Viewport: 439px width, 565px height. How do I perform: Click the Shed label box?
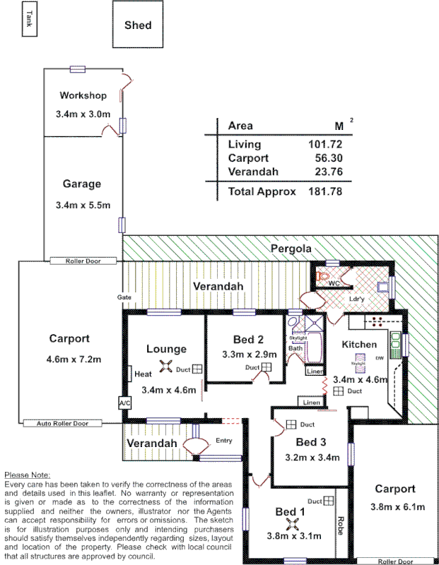(x=138, y=25)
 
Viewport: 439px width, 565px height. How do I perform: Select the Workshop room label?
(x=83, y=95)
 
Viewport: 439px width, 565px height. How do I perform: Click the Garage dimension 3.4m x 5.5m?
(x=82, y=205)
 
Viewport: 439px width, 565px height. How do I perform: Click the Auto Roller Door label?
(x=62, y=423)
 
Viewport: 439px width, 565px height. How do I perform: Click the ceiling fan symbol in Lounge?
(x=166, y=366)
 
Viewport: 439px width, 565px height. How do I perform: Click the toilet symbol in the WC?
(x=324, y=276)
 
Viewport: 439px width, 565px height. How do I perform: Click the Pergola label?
(x=289, y=249)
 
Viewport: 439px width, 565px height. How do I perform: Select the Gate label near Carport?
(x=124, y=297)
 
